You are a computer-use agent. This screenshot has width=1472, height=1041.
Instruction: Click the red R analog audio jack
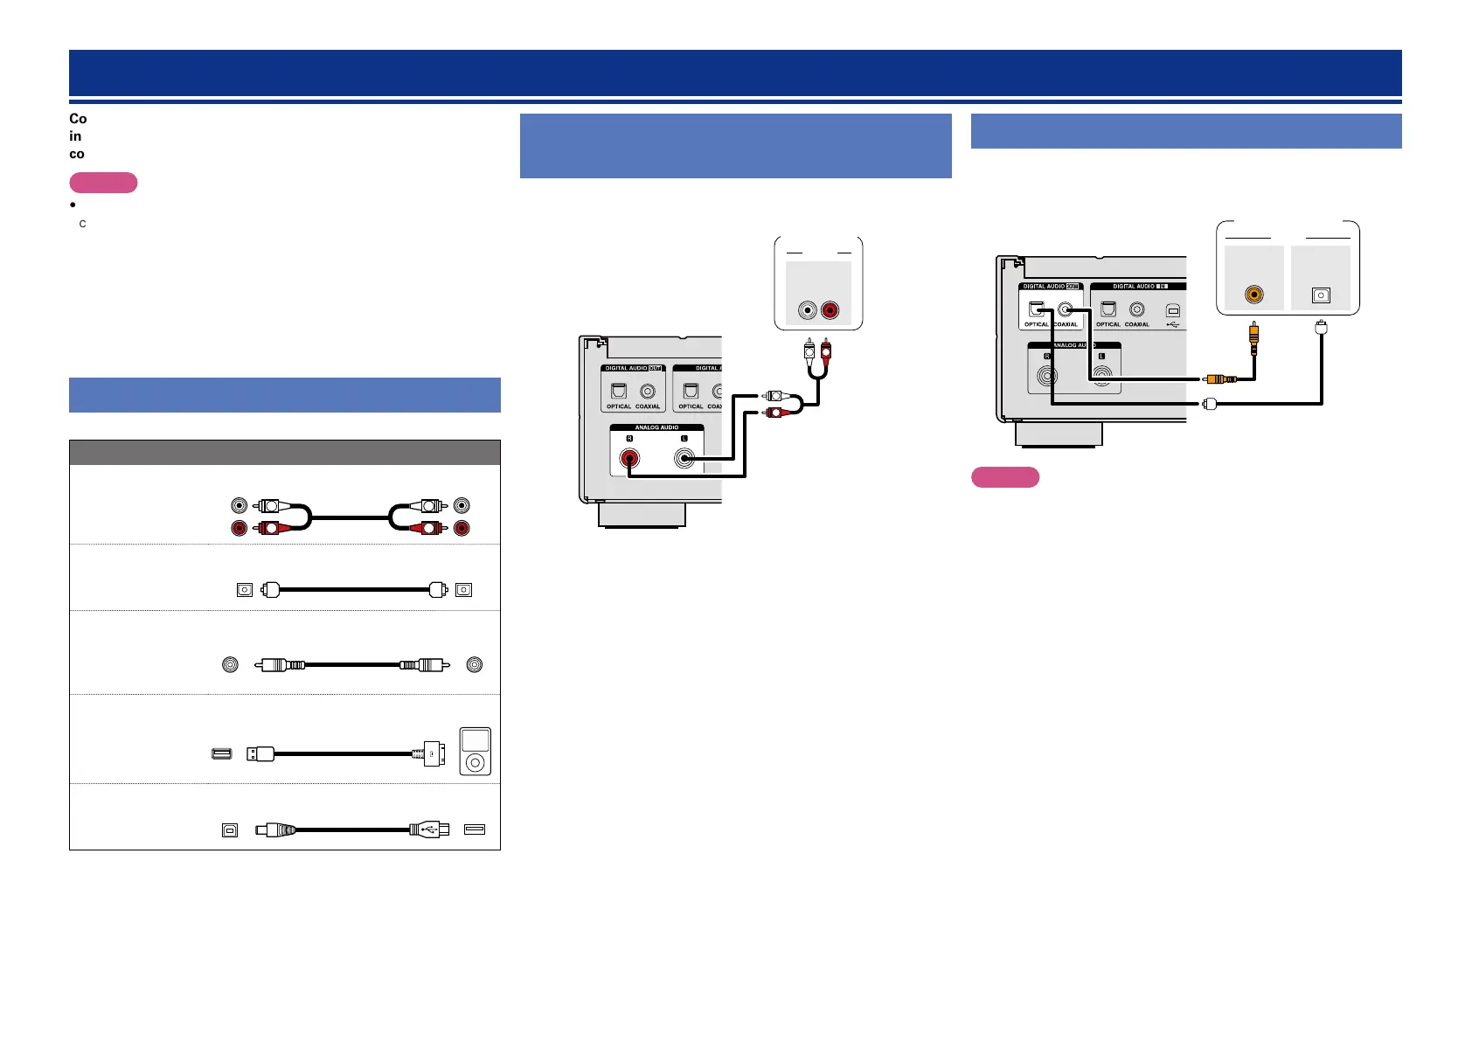[x=629, y=458]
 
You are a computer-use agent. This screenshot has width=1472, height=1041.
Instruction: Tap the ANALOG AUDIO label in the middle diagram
[x=656, y=427]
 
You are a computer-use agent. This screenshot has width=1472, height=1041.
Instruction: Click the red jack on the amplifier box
[x=830, y=309]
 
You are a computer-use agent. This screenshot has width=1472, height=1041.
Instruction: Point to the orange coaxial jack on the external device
[x=1254, y=295]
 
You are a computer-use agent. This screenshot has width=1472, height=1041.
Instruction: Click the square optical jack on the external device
[x=1321, y=295]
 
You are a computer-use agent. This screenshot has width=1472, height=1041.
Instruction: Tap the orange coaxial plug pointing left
[x=1220, y=379]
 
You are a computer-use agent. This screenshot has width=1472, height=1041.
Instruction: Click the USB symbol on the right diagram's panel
[x=1172, y=324]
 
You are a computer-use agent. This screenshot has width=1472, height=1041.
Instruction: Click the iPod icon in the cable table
[x=475, y=752]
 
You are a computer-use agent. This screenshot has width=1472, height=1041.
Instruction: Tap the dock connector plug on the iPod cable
[x=432, y=753]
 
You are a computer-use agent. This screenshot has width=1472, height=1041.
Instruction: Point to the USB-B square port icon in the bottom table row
[x=230, y=830]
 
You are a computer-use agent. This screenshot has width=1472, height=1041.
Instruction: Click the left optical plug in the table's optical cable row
[x=271, y=590]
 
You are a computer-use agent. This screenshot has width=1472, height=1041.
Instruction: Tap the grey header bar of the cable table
[x=284, y=452]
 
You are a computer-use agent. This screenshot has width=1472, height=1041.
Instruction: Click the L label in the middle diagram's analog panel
[x=684, y=439]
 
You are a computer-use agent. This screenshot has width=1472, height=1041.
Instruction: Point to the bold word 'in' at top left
[x=76, y=136]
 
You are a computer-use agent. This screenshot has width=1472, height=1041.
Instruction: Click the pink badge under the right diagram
[x=1005, y=477]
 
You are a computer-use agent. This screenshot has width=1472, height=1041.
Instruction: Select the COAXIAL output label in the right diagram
[x=1066, y=324]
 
